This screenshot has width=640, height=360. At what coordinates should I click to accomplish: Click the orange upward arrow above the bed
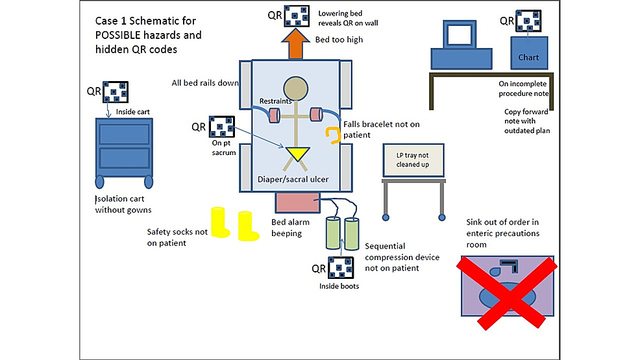pos(295,45)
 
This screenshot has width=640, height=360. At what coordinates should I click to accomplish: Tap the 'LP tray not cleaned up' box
pos(413,160)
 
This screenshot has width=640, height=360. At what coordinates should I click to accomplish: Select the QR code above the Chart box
pos(528,21)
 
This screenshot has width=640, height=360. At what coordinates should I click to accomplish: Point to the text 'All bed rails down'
pos(204,83)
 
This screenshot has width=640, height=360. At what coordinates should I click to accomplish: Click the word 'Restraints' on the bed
pos(275,101)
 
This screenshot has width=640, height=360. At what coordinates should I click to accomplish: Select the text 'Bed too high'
pos(339,40)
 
